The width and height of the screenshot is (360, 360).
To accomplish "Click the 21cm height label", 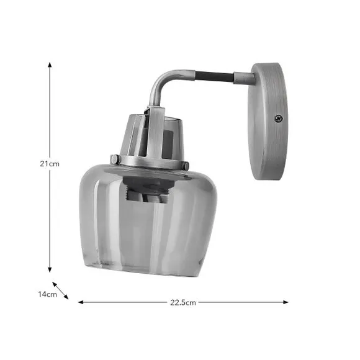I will pos(50,164).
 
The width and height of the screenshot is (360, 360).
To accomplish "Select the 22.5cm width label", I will pos(183,303).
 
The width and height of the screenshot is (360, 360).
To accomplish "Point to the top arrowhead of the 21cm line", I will pos(50,64).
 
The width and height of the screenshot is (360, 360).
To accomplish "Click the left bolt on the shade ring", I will pos(115,160).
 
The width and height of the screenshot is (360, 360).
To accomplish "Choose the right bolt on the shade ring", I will pos(185,165).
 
